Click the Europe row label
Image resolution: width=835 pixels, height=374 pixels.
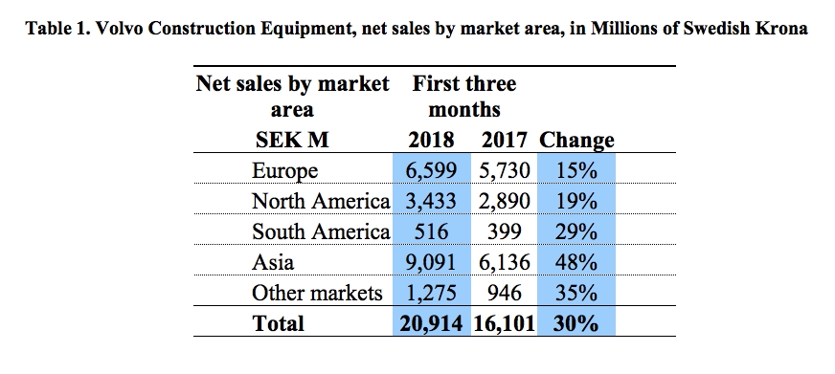click(284, 172)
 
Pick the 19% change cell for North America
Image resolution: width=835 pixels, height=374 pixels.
click(575, 202)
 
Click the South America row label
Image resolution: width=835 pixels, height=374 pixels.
click(320, 231)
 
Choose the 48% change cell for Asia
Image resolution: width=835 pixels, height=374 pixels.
click(575, 261)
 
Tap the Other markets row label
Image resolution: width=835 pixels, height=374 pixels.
click(316, 292)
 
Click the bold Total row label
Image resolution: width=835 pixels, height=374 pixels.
click(279, 323)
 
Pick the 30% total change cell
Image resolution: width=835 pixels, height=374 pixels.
click(575, 323)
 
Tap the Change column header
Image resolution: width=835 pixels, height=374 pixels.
click(576, 141)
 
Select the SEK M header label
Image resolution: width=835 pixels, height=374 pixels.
click(292, 141)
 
